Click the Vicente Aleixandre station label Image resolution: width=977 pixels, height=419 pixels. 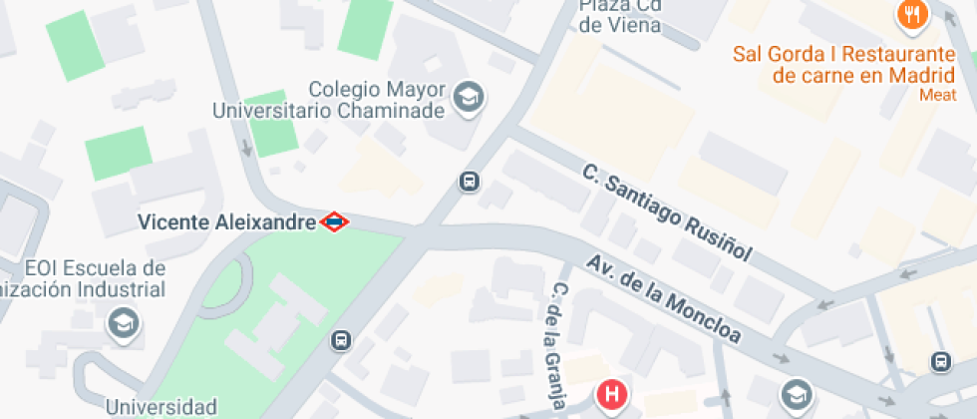tap(226, 221)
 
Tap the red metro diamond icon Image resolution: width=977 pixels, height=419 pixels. tap(334, 221)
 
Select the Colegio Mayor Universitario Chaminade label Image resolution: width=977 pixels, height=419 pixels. tap(328, 100)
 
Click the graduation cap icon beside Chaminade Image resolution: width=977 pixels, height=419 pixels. tap(467, 98)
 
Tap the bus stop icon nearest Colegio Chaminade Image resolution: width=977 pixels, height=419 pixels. tap(470, 182)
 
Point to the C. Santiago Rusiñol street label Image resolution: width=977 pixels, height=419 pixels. tap(666, 211)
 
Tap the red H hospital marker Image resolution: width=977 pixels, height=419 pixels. tap(611, 396)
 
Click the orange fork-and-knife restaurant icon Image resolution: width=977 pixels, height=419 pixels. tap(912, 15)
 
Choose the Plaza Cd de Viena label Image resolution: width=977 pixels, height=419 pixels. tap(620, 16)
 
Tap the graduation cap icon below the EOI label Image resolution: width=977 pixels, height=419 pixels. tap(125, 323)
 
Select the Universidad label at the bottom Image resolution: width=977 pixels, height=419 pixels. tap(162, 407)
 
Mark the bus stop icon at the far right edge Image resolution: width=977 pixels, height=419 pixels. tap(940, 360)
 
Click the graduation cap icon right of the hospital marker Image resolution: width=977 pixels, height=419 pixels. tap(795, 394)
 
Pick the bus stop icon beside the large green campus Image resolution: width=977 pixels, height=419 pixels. tap(341, 340)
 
